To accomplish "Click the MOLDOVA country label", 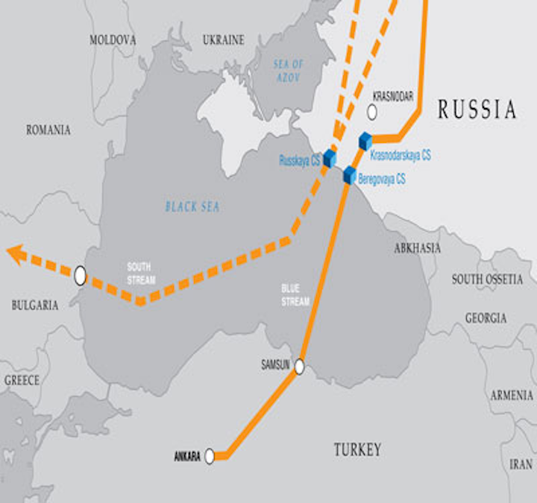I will click(113, 39).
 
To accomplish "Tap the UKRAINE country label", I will click(223, 39).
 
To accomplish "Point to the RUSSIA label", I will click(477, 110).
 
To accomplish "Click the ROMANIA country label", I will click(48, 130).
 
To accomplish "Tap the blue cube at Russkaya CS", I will click(330, 158).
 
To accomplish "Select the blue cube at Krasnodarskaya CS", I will click(365, 141).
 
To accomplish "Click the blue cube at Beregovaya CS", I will click(349, 175).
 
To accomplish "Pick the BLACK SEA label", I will click(192, 206).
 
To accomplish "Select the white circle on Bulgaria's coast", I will click(80, 275).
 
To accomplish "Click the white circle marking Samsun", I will click(300, 367).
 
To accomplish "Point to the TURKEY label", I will click(357, 449).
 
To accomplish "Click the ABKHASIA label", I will click(417, 248).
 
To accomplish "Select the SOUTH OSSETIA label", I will click(487, 279).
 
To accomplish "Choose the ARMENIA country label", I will click(512, 395).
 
